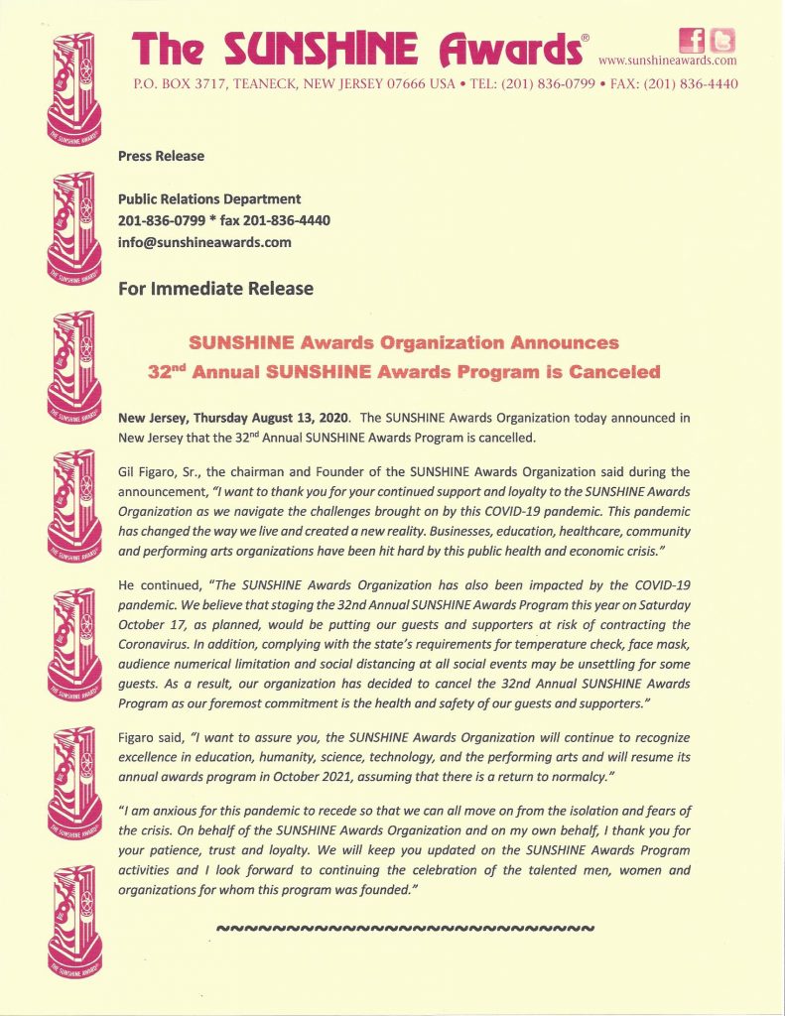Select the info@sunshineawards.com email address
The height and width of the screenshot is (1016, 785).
204,241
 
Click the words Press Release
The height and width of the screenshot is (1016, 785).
161,156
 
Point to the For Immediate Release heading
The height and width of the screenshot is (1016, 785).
215,289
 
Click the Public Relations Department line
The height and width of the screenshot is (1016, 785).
209,199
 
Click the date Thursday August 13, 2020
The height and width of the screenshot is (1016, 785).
271,418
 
